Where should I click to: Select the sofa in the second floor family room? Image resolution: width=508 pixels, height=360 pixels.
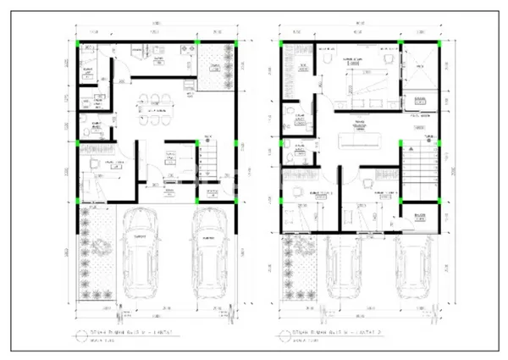pos(364,138)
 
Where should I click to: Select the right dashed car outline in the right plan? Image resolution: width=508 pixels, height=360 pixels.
pos(412,264)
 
